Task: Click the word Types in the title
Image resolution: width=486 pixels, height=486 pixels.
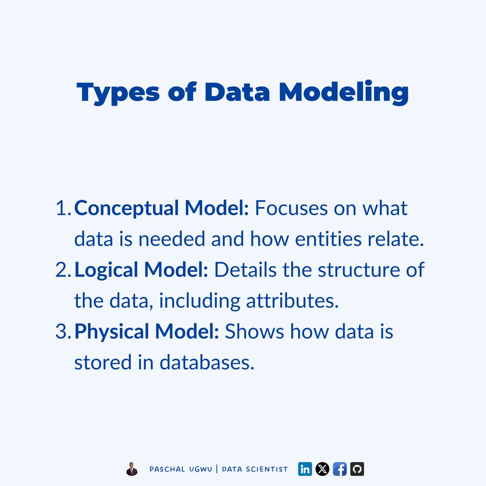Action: pyautogui.click(x=118, y=92)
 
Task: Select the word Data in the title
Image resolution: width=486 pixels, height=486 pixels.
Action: pyautogui.click(x=237, y=92)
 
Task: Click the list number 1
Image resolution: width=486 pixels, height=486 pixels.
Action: pyautogui.click(x=62, y=208)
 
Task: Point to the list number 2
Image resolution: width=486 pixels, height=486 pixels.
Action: pyautogui.click(x=62, y=270)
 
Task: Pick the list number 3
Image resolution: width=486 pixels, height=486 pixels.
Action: pyautogui.click(x=62, y=331)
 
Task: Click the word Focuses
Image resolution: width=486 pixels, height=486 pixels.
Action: pyautogui.click(x=291, y=208)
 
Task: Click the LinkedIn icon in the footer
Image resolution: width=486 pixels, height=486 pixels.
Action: pyautogui.click(x=305, y=469)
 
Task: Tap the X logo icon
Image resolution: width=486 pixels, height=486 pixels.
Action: pyautogui.click(x=322, y=469)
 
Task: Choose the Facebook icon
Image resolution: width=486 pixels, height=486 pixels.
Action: pyautogui.click(x=340, y=469)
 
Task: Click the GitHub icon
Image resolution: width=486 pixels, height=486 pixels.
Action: pyautogui.click(x=357, y=469)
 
